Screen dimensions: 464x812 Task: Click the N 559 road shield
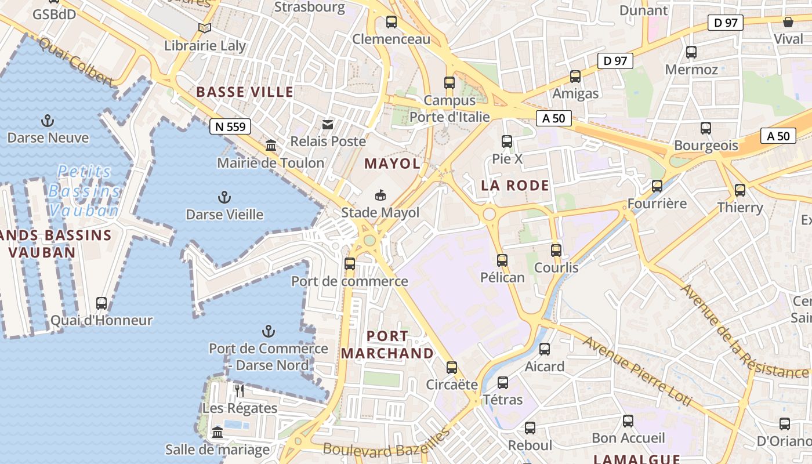(230, 126)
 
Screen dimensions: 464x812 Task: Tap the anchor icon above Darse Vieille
(224, 197)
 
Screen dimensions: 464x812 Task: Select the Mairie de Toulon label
(270, 163)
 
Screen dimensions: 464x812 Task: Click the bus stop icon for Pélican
(502, 260)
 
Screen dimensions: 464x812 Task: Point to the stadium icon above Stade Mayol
(380, 195)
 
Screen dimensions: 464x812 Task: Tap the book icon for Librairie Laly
(204, 28)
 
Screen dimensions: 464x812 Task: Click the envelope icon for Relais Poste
(328, 124)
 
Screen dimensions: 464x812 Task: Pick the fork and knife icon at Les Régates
(240, 390)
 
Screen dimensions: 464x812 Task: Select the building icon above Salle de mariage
(217, 432)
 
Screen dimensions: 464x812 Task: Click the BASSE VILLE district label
(245, 92)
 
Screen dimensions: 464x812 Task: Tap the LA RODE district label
(515, 186)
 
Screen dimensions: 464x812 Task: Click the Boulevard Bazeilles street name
(386, 444)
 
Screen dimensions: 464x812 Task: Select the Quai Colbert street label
(75, 60)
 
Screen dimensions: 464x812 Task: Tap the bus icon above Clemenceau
(391, 22)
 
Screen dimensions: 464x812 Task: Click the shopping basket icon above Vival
(788, 22)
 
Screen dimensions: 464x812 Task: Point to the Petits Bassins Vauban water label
(85, 191)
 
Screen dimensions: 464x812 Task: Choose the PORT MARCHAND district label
(387, 345)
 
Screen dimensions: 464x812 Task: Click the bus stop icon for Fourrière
(657, 186)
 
